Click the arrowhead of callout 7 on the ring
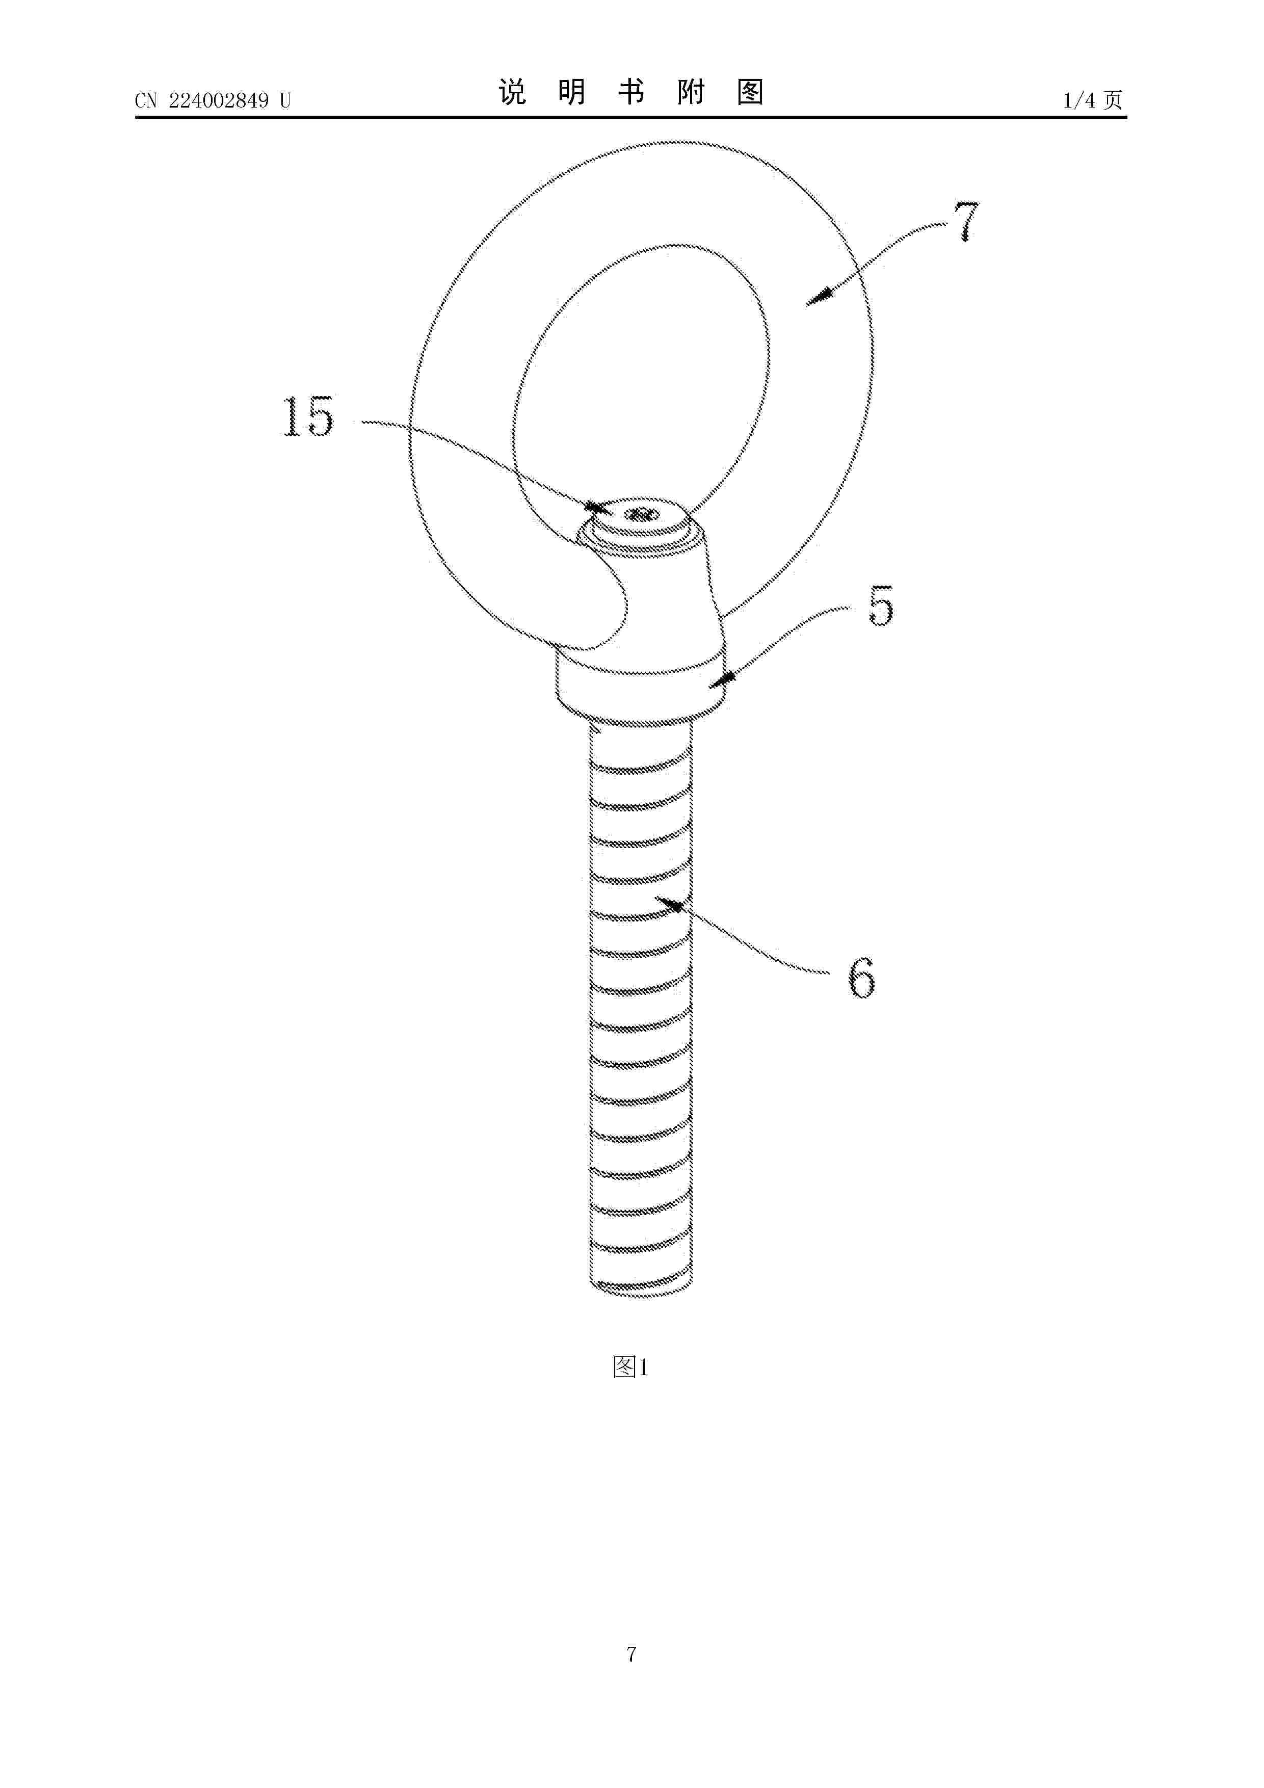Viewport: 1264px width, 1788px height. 817,298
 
